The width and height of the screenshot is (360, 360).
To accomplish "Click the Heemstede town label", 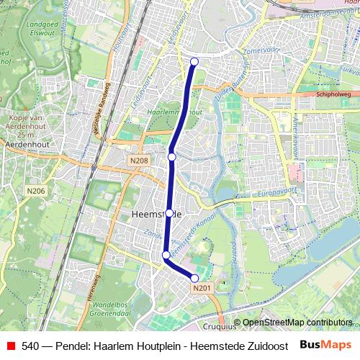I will [x=150, y=215].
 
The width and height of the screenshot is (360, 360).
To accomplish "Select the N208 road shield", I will [x=139, y=161].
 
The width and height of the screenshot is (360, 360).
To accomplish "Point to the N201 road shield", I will [x=202, y=288].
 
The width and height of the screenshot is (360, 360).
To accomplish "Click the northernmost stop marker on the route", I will [x=194, y=61].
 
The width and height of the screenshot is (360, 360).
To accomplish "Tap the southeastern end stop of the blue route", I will [x=194, y=278].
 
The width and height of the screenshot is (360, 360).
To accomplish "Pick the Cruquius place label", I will [x=220, y=325].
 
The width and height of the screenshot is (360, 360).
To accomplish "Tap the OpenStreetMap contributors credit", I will [x=297, y=323].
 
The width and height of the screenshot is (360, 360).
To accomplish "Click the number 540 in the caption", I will [x=30, y=346].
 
